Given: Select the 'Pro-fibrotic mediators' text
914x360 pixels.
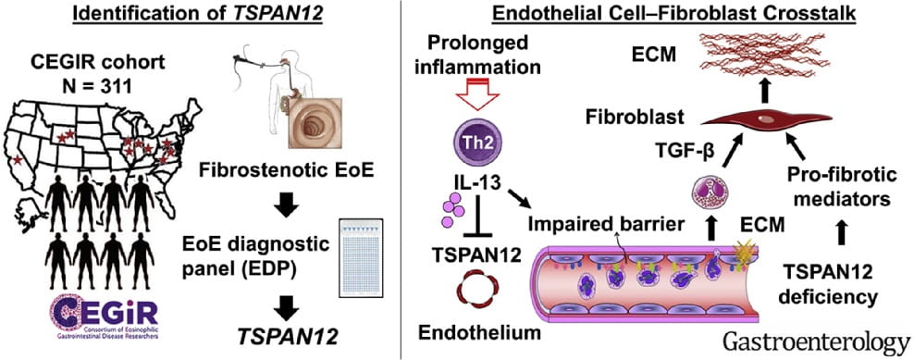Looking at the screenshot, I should [x=831, y=184].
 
